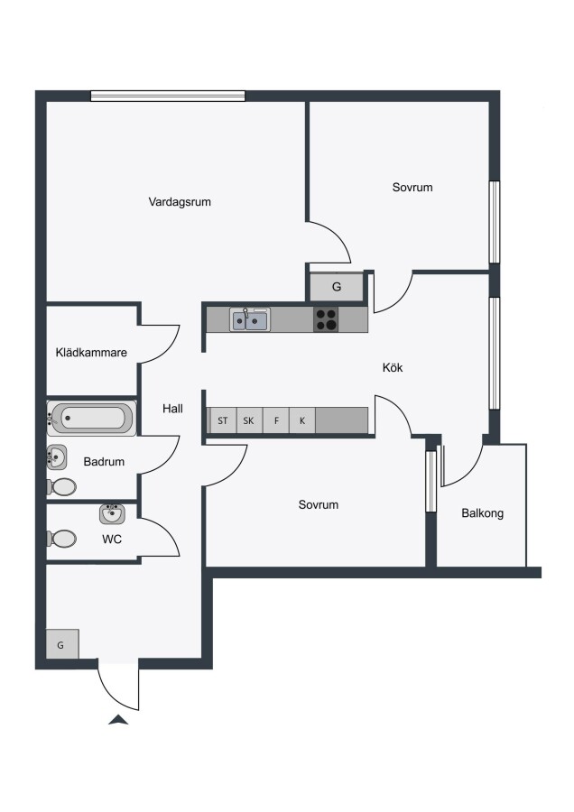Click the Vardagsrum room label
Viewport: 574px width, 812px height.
pos(180,202)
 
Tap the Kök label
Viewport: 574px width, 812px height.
pos(393,368)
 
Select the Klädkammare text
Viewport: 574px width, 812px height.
pos(91,353)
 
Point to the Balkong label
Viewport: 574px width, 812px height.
pos(482,513)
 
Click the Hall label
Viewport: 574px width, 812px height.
pos(172,409)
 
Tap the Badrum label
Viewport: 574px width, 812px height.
pos(104,461)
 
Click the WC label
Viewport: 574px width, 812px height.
pos(112,540)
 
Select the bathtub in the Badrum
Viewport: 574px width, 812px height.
pos(92,418)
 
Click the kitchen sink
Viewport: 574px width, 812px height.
pos(250,319)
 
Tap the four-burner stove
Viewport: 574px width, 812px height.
pos(327,319)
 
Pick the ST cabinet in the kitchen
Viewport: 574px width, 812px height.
pos(223,420)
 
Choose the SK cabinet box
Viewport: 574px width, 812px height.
pos(249,420)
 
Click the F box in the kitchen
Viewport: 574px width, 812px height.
pos(276,420)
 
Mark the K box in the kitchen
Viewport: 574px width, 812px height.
pos(302,420)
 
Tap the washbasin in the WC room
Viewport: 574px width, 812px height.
pos(112,513)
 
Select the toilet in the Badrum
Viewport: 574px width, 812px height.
pos(61,487)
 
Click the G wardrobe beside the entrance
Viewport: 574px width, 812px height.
pos(62,644)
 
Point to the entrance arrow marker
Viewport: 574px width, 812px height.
pos(118,719)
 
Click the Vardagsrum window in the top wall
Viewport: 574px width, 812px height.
pos(168,96)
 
